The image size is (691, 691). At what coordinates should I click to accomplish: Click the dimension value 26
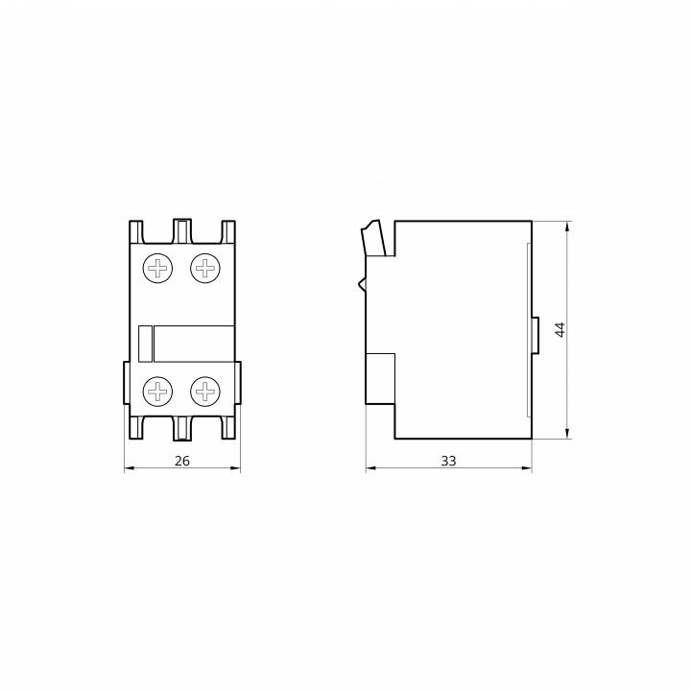click(x=182, y=461)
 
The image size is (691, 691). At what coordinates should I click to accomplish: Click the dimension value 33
click(x=448, y=461)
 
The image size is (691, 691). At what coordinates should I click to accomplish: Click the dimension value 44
click(x=560, y=329)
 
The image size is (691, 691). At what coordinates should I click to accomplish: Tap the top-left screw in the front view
click(x=157, y=268)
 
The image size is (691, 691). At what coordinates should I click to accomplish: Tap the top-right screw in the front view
click(x=205, y=268)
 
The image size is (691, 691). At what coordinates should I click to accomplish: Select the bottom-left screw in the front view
click(x=157, y=391)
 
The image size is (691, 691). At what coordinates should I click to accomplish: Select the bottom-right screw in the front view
click(x=205, y=391)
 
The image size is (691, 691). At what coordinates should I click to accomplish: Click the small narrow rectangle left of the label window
click(x=146, y=344)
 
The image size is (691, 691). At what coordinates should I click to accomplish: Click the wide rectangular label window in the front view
click(x=194, y=344)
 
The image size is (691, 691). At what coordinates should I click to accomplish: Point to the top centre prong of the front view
click(x=182, y=231)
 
